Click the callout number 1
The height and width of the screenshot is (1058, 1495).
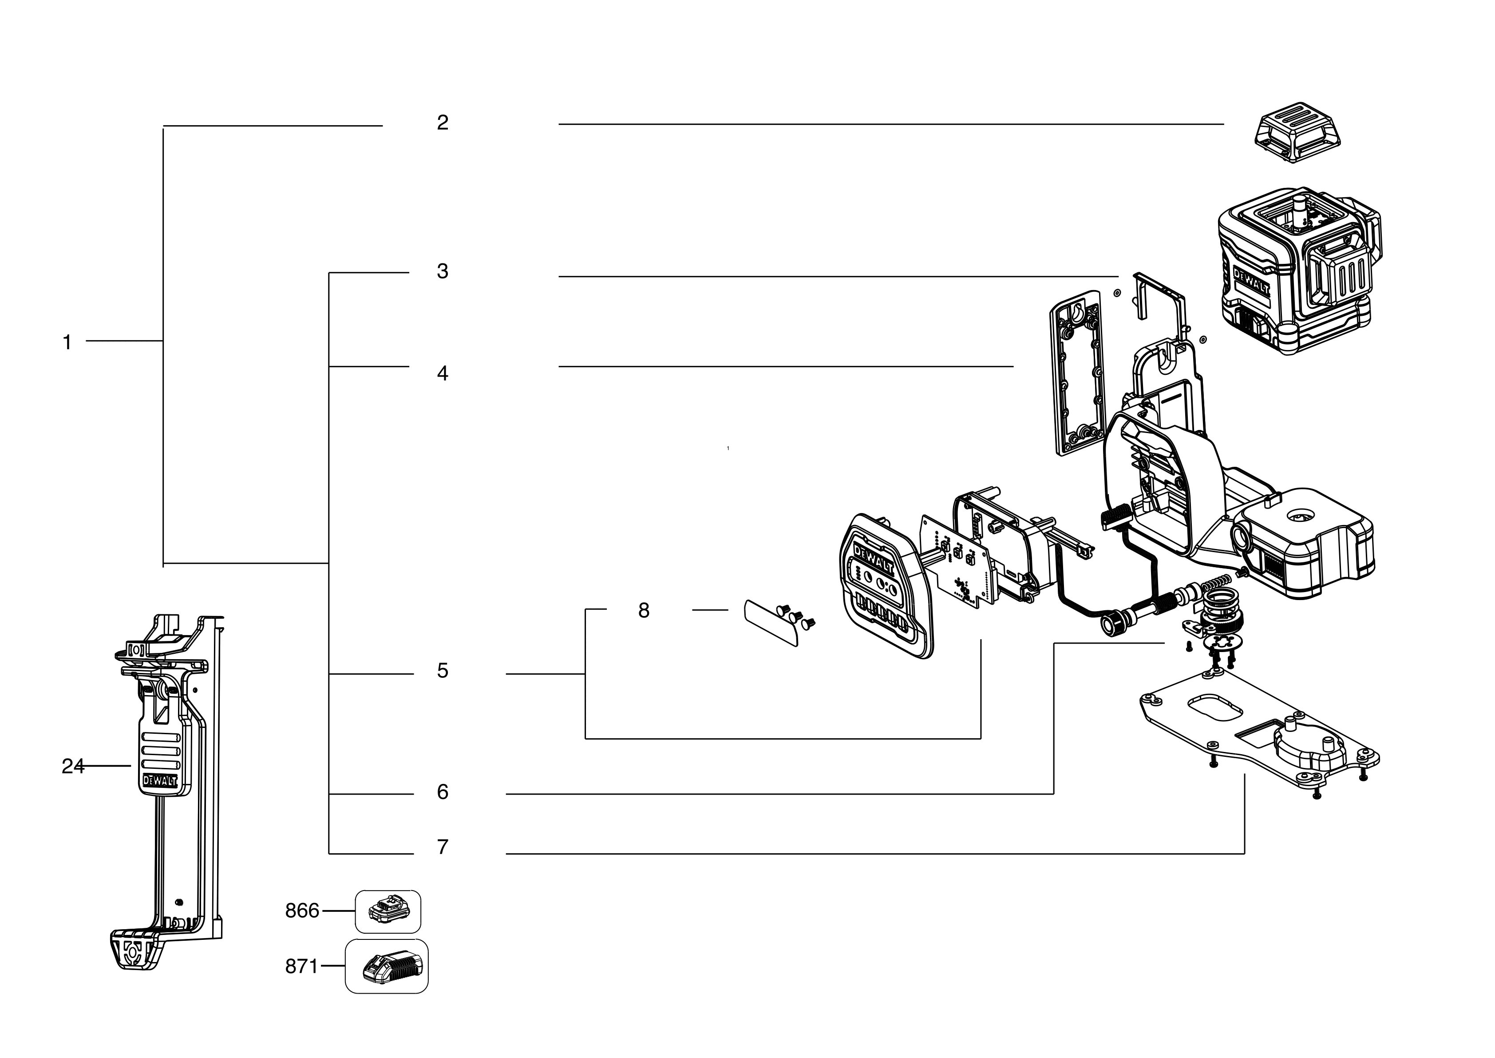(67, 342)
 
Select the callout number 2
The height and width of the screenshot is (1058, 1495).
(442, 123)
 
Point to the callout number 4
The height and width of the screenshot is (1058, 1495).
(442, 374)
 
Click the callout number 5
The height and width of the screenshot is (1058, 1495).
(442, 671)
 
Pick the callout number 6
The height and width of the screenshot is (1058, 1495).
(442, 792)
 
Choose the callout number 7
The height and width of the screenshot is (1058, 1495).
(442, 847)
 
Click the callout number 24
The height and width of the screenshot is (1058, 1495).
(72, 767)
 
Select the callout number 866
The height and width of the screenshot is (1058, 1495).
(302, 911)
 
